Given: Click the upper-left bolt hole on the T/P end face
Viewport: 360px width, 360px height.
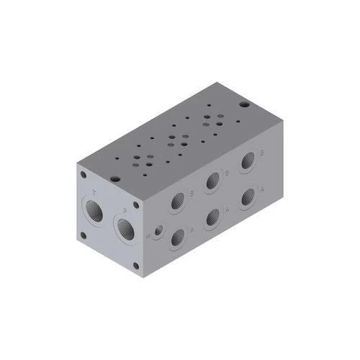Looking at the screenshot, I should [85, 173].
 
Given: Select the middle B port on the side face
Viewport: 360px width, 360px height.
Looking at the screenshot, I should [213, 182].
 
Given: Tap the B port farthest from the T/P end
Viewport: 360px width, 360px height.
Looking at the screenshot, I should [249, 161].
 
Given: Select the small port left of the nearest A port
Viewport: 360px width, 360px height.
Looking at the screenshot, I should [157, 232].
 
